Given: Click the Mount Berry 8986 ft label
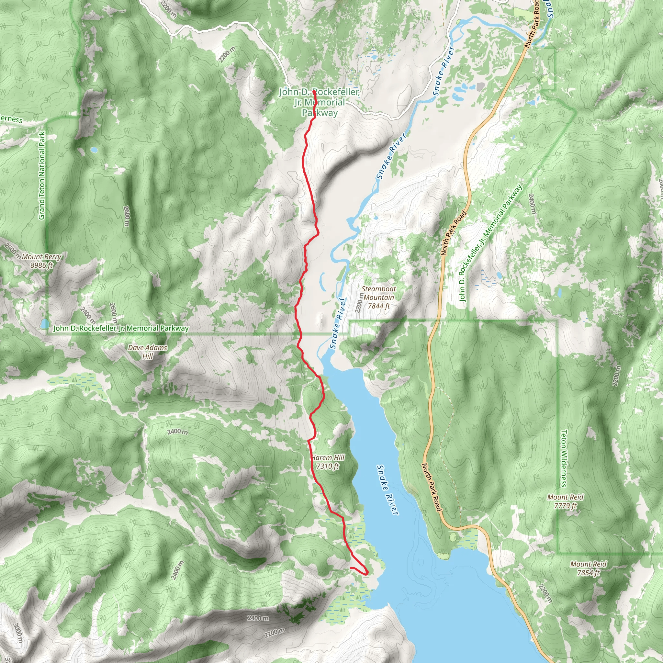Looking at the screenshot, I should tap(41, 261).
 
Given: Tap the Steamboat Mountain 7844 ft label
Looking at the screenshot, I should tap(378, 297).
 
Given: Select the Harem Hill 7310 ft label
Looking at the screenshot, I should tap(328, 462).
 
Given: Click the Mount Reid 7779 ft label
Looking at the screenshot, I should tap(565, 501).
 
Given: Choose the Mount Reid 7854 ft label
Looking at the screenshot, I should tap(588, 568).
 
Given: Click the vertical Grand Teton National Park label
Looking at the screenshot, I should tap(41, 175).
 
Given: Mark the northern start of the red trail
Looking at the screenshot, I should tap(314, 91).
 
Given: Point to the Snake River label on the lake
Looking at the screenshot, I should tap(388, 490).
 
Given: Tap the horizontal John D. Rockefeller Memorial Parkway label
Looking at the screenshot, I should tap(121, 328).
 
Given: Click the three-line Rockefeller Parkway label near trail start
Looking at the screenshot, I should tap(320, 102).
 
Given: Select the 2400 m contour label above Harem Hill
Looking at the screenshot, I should tap(177, 431).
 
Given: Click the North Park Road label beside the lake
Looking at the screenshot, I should tap(431, 487).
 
